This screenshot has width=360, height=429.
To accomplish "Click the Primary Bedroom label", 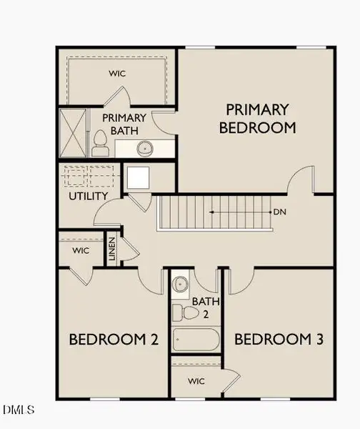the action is (x=257, y=119).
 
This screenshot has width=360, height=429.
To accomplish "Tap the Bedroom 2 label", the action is (x=114, y=339).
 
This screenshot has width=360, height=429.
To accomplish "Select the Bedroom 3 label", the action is (x=279, y=339).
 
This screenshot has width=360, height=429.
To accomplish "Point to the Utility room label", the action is (x=89, y=196).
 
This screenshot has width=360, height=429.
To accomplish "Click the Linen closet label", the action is (x=112, y=249).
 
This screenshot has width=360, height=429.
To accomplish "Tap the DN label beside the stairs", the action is (x=279, y=212).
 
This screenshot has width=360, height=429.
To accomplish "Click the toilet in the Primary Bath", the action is (x=100, y=144).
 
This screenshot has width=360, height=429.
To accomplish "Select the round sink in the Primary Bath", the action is (x=145, y=149).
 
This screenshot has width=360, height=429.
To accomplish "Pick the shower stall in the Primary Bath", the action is (x=74, y=133).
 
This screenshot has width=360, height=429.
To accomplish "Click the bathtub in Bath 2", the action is (x=196, y=340).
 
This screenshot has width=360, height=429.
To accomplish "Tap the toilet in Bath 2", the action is (x=186, y=312).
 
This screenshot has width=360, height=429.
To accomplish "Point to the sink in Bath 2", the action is (x=181, y=284).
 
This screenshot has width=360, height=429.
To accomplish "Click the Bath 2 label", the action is (x=206, y=307).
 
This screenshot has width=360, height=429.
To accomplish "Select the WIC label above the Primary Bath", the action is (x=117, y=74).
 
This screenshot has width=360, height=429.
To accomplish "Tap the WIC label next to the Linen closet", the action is (x=81, y=250).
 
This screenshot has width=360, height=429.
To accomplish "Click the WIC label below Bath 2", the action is (x=196, y=381).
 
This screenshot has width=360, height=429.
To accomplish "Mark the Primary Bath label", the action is (x=124, y=124).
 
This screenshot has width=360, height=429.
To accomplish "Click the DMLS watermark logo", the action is (x=19, y=410).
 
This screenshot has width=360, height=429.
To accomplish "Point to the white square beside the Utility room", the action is (x=139, y=177).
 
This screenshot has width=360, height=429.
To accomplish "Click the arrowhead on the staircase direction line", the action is (x=211, y=212).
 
